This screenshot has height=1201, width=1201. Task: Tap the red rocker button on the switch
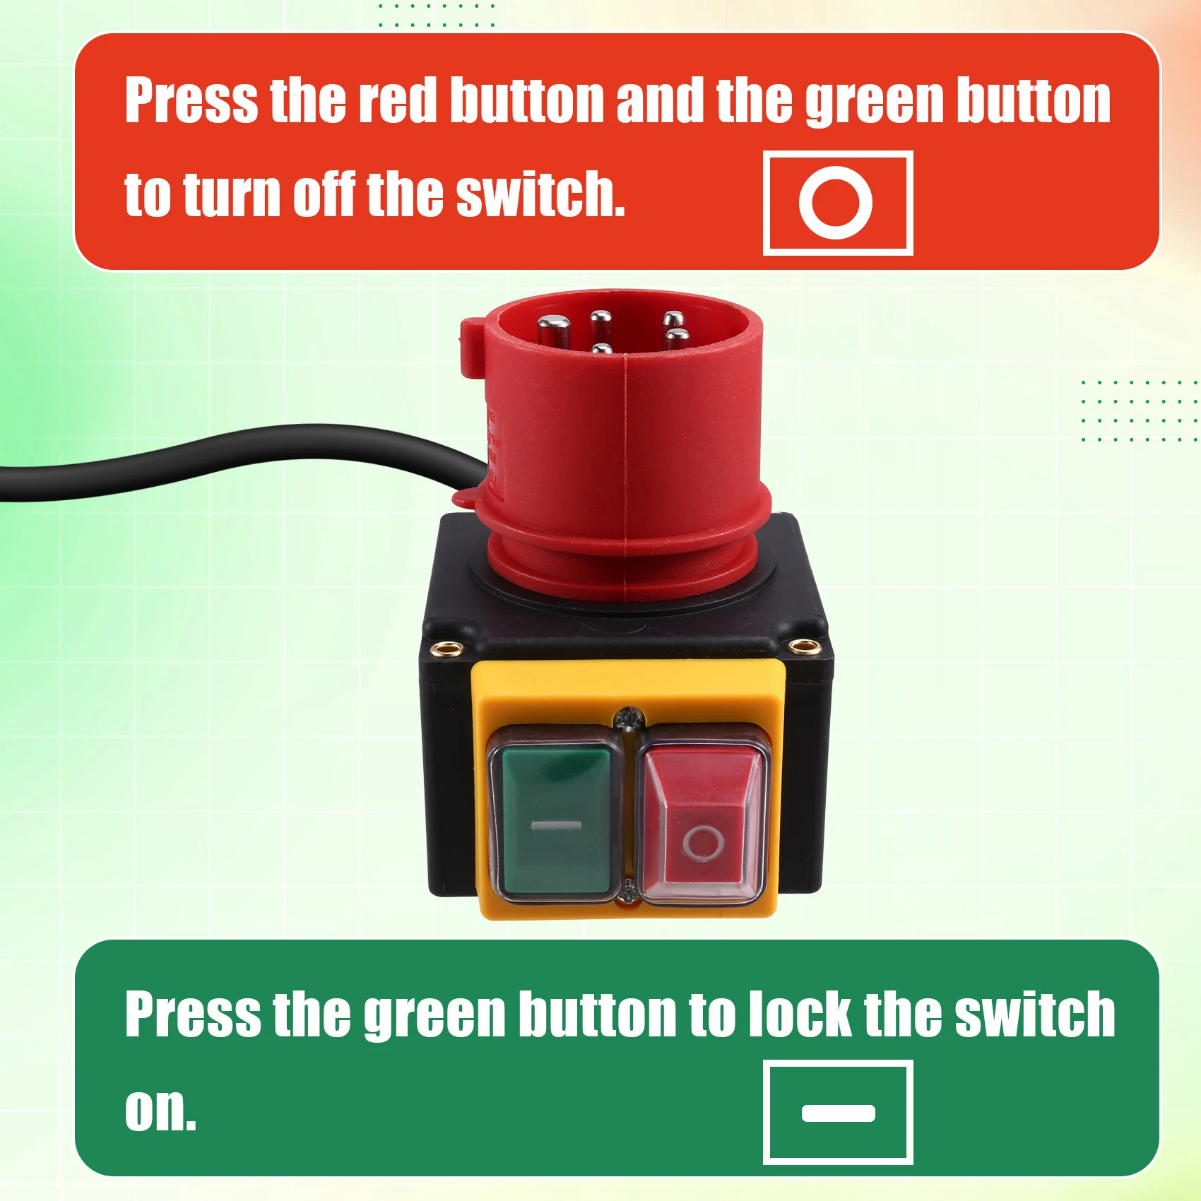702,823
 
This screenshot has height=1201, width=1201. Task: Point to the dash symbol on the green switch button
556,824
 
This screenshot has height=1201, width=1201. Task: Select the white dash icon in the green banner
839,1113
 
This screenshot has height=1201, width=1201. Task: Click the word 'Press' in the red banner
191,100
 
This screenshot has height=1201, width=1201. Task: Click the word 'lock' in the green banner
800,1014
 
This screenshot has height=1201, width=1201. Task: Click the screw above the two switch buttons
627,718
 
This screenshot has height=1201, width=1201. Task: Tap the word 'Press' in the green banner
191,1014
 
